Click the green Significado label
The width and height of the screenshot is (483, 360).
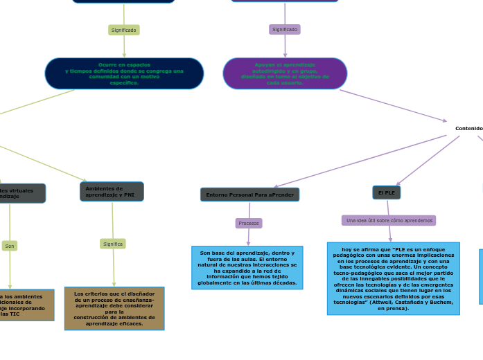coord(124,30)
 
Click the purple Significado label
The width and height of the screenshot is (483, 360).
coord(285,29)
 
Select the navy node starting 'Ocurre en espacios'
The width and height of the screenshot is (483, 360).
coord(124,73)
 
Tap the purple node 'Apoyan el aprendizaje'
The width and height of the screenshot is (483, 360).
coord(285,73)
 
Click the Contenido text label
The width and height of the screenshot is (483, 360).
coord(468,128)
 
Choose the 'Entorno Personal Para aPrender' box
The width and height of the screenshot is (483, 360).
coord(249,195)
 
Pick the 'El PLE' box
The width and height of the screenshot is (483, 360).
coord(387,192)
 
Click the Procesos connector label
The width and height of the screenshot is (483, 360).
coord(249,223)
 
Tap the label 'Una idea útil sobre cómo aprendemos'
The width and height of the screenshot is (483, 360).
coord(389,220)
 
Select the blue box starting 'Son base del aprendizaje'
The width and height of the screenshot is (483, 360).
coord(247,267)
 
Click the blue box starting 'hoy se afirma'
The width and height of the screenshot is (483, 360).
coord(393,278)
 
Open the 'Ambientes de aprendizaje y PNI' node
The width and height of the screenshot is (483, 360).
coord(112,191)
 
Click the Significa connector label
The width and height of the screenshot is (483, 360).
coord(113,244)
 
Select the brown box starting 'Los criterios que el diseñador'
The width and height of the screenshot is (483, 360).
coord(114,308)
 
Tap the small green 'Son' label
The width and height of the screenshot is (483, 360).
coord(10,246)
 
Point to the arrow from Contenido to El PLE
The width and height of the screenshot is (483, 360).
coord(427,161)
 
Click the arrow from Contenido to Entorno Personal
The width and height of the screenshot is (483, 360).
coord(360,161)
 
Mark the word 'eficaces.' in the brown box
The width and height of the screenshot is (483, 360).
coord(129,323)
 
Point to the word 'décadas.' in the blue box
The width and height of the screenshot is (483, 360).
coord(283,282)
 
